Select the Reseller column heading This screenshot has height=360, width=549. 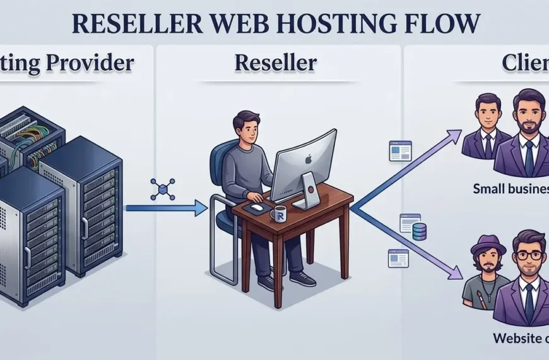[275, 63]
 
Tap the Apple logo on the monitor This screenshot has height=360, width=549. [308, 159]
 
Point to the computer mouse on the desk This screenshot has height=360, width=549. [256, 207]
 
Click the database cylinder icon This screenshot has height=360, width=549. [419, 232]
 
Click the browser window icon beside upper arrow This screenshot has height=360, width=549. [400, 150]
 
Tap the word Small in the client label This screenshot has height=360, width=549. [492, 188]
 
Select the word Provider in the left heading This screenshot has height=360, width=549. [95, 63]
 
